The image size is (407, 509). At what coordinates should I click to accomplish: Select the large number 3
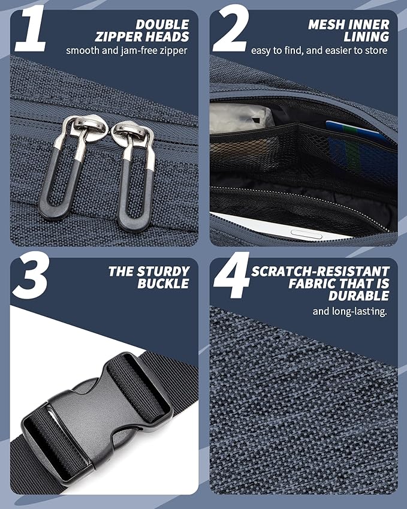32,275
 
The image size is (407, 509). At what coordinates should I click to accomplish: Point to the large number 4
232,275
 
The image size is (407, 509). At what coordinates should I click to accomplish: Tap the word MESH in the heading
325,25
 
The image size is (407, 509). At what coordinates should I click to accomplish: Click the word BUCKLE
163,284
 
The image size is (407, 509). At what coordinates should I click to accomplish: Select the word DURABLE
358,296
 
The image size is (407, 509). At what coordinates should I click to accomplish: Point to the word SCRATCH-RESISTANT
320,272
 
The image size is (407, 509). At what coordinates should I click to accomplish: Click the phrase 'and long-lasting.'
349,312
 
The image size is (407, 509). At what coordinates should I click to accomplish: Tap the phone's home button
306,233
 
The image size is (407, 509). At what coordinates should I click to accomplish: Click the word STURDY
163,272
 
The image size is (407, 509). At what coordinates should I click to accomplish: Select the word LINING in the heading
366,37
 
